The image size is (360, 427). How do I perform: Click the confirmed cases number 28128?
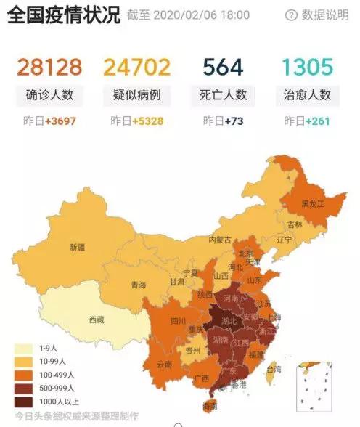(x=49, y=68)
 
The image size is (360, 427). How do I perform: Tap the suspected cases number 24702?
(x=138, y=68)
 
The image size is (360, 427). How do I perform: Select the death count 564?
(x=224, y=68)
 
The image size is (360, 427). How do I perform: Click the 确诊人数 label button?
(x=49, y=95)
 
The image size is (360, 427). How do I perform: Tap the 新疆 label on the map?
(x=77, y=247)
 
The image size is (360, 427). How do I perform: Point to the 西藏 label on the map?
(x=97, y=320)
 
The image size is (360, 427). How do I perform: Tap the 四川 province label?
(x=178, y=320)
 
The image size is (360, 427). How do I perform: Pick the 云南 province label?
(x=165, y=364)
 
